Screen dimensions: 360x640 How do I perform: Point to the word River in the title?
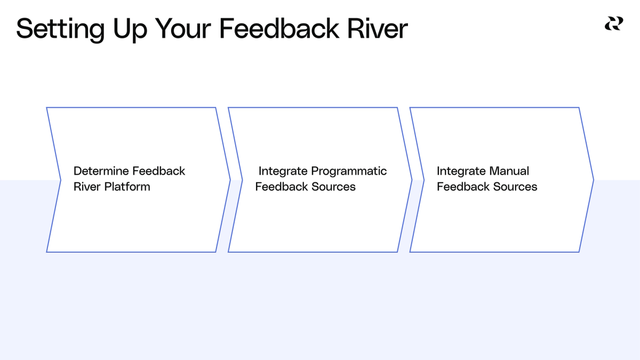(x=378, y=28)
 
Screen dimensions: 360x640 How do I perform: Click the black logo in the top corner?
(x=613, y=23)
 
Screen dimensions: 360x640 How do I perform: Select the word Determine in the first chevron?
(x=101, y=171)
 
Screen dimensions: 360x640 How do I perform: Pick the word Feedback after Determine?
(x=159, y=171)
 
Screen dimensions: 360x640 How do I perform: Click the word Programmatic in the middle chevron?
(x=349, y=171)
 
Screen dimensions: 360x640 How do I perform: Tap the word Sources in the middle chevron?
(x=334, y=187)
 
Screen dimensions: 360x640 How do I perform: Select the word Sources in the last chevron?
(x=516, y=187)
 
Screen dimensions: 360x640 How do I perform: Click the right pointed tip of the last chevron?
(x=593, y=180)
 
